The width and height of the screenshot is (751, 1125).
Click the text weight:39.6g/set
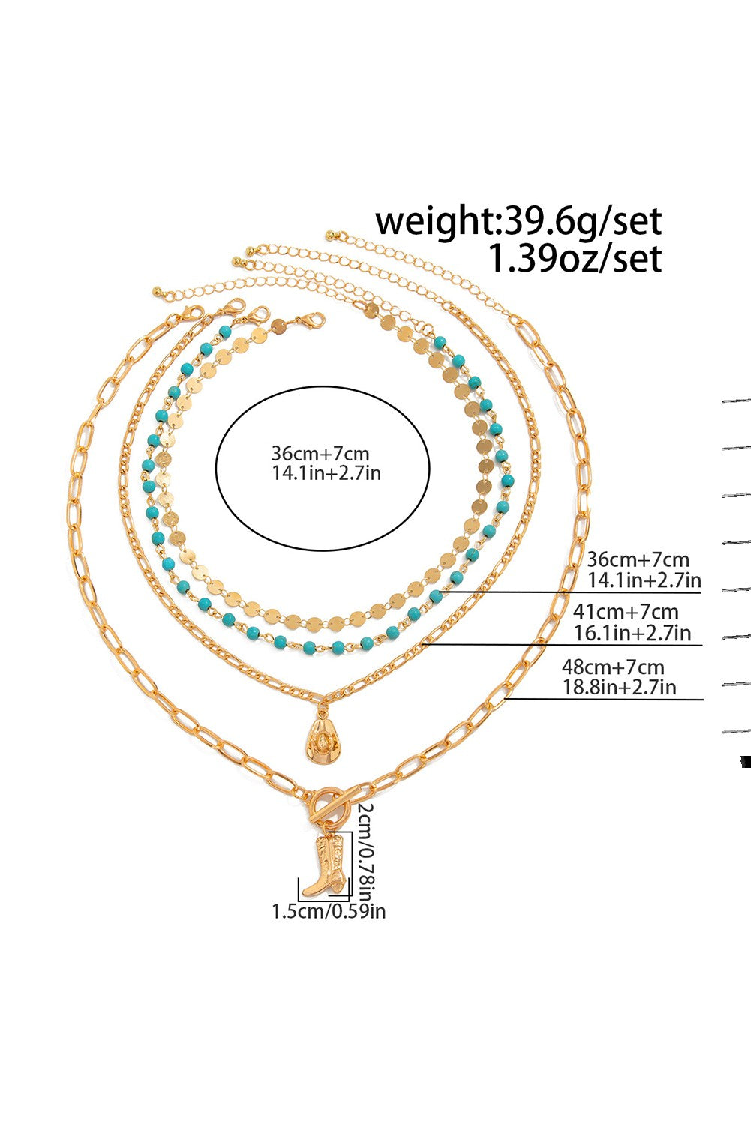point(518,221)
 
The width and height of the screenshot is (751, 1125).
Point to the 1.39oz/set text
point(575,259)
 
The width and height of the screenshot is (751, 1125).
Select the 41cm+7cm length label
point(626,612)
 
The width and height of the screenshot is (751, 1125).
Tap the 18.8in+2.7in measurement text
point(619,686)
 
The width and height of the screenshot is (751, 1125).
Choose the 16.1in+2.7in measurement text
point(632,633)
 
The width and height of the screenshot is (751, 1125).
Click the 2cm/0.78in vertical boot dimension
point(365,851)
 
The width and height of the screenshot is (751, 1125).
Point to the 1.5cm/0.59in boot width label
point(329,911)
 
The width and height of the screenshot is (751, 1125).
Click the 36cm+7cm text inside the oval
point(320,454)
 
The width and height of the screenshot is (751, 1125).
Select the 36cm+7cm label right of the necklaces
point(638,559)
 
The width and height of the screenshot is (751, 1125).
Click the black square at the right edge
point(745,762)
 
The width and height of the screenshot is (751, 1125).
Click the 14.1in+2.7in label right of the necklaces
point(644,580)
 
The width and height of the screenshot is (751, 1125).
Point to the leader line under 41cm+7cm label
point(563,645)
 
